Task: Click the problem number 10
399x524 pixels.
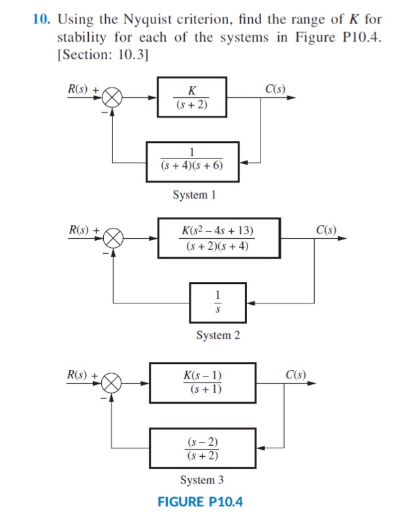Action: pos(40,19)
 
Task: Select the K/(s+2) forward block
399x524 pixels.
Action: pos(191,97)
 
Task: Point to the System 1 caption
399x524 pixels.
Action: pos(194,194)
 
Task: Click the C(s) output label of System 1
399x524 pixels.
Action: pos(275,89)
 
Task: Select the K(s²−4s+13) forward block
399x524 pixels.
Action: pos(218,239)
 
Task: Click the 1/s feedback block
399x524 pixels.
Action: pos(218,302)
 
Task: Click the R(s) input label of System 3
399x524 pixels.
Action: pos(82,374)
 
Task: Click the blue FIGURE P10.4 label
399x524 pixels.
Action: pos(200,502)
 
